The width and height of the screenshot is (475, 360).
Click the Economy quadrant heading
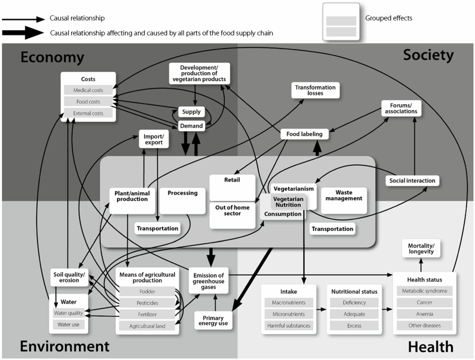tap(52, 57)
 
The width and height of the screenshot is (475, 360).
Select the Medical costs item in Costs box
tap(88, 90)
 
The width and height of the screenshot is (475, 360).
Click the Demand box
tap(191, 126)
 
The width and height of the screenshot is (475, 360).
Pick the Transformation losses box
tap(315, 90)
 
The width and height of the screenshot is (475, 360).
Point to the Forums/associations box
tap(400, 108)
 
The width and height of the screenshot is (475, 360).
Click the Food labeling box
tap(304, 134)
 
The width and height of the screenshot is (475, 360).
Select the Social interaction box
tap(411, 180)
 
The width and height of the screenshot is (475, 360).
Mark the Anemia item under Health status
tap(425, 313)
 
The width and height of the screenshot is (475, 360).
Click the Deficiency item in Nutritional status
tap(354, 303)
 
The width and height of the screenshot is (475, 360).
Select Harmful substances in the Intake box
tap(288, 325)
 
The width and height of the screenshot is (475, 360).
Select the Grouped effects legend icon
tap(341, 21)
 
